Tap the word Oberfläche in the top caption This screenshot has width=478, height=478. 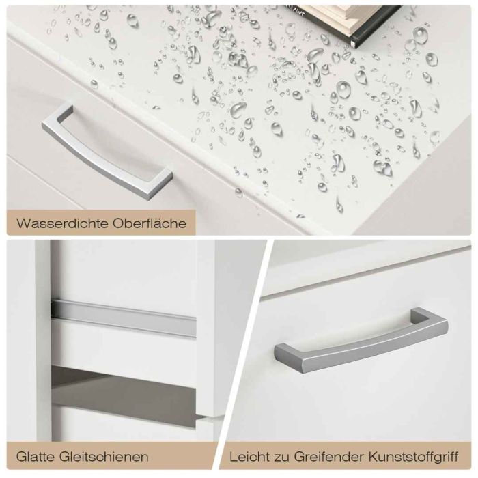pos(150,223)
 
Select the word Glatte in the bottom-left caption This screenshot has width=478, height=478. pos(36,457)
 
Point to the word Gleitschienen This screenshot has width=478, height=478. pos(104,457)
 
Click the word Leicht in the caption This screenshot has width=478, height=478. pos(250,457)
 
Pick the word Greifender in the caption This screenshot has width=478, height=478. pos(329,457)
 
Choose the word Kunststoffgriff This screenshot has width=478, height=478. pos(414,457)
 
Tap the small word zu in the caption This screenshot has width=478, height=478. pos(282,458)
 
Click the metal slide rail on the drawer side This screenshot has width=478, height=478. pos(124,319)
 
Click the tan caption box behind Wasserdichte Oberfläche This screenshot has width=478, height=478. pos(100,223)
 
